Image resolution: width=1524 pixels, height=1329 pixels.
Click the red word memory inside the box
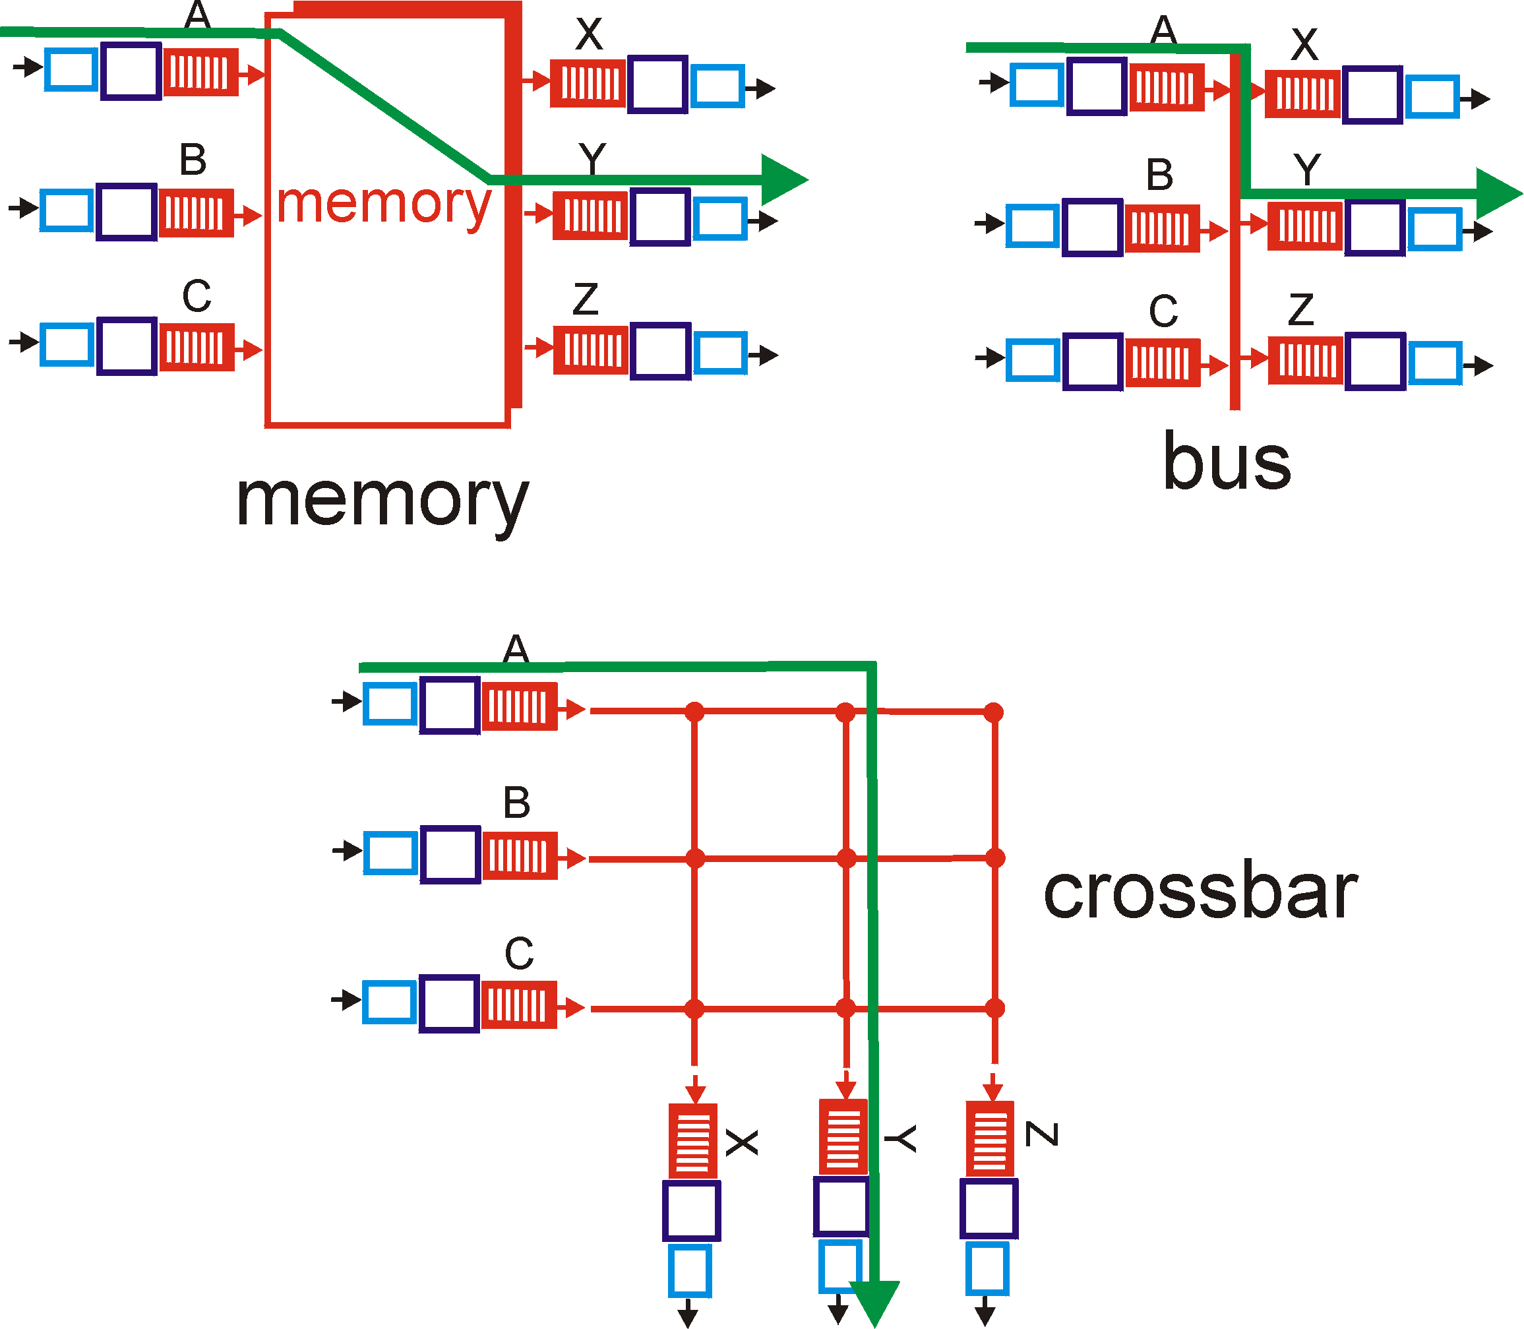(383, 204)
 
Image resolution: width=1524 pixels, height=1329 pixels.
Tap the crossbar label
(1200, 892)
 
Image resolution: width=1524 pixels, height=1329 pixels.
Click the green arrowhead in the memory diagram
(782, 180)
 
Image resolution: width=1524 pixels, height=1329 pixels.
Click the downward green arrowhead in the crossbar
(875, 1301)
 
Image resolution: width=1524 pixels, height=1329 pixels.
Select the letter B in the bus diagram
(1159, 175)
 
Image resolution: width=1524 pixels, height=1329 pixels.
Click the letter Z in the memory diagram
(585, 299)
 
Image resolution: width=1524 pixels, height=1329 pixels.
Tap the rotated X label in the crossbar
(742, 1143)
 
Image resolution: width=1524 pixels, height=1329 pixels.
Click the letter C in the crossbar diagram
(518, 954)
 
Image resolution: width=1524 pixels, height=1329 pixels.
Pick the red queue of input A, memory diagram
(200, 73)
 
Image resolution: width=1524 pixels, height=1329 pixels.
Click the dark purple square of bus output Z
(1375, 361)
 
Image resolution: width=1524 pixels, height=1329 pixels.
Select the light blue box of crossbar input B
(390, 853)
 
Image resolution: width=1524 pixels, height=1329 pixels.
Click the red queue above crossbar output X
(692, 1140)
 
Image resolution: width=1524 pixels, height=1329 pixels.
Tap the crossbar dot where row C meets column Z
(994, 1008)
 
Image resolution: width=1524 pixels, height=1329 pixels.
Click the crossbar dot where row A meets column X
(694, 712)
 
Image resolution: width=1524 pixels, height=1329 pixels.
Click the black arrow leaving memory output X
(760, 89)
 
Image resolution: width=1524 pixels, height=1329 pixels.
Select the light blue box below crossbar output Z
(987, 1269)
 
